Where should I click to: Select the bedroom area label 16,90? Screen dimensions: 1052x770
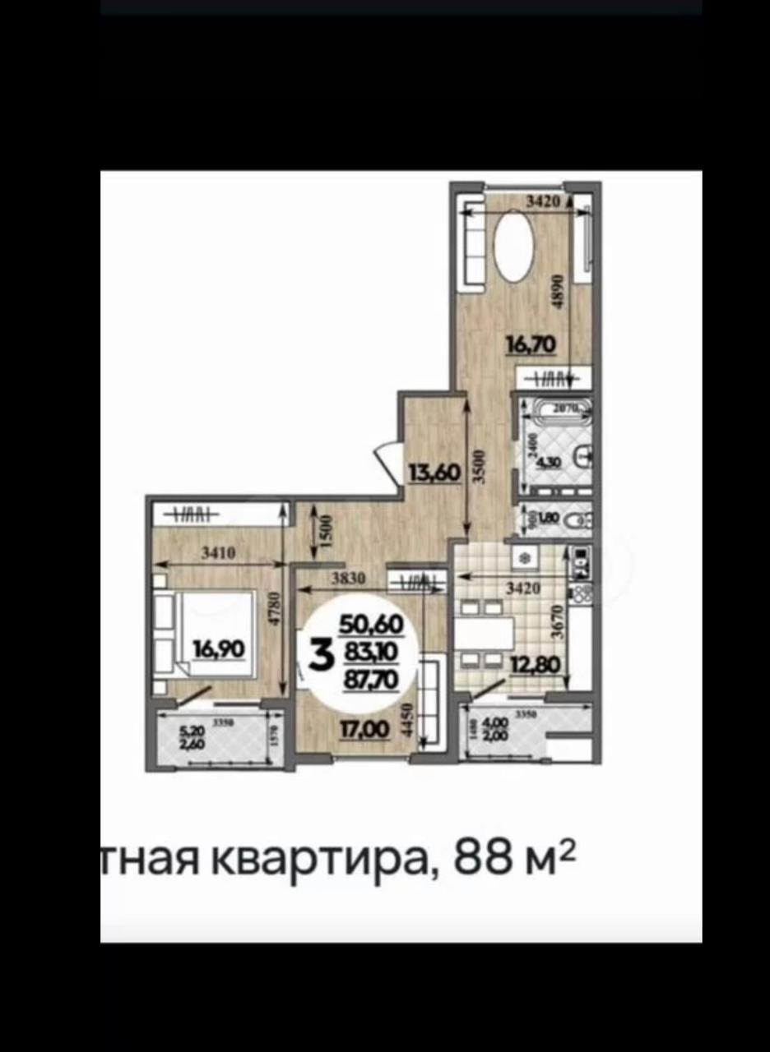tap(218, 649)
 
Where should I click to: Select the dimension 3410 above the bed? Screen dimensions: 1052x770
tap(219, 553)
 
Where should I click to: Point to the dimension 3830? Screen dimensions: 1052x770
tap(350, 579)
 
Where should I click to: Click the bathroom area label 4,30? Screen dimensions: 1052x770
tap(548, 462)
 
